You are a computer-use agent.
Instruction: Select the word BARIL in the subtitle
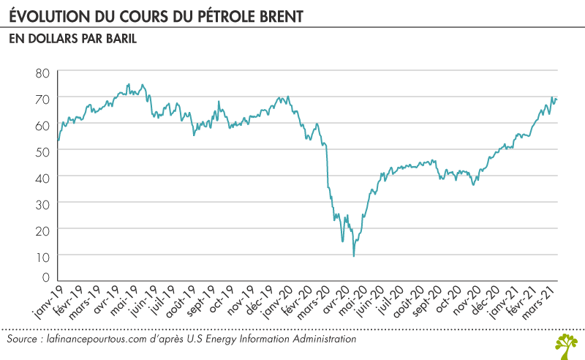pyautogui.click(x=120, y=39)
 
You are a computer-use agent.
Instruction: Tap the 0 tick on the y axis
pyautogui.click(x=45, y=278)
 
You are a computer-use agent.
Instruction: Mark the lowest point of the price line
pyautogui.click(x=354, y=256)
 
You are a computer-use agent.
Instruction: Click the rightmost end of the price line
pyautogui.click(x=557, y=100)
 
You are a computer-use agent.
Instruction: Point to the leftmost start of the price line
pyautogui.click(x=58, y=140)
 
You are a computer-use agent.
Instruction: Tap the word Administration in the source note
pyautogui.click(x=324, y=340)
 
